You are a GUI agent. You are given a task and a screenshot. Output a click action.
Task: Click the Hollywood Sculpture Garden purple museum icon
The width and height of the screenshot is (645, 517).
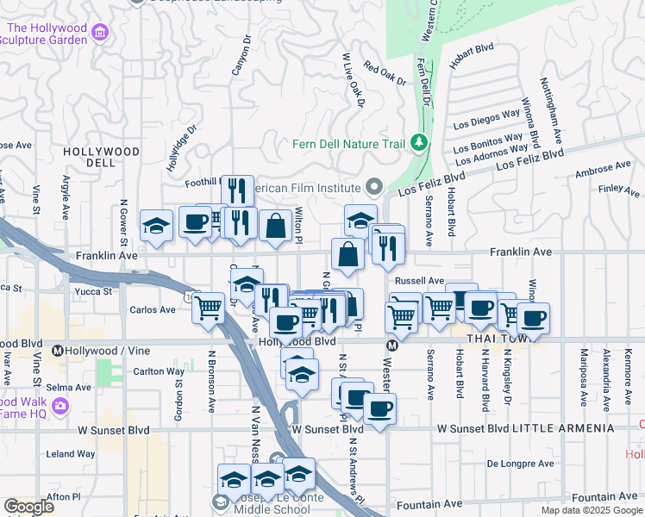[101, 34]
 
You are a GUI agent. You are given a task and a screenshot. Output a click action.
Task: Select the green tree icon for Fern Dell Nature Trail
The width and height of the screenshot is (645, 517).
[419, 142]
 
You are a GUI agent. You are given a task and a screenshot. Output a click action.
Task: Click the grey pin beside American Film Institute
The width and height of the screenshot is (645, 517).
[373, 187]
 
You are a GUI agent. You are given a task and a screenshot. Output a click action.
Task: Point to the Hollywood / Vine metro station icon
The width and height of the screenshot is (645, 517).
[58, 351]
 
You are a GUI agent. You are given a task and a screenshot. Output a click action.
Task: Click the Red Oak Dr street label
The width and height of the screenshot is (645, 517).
[384, 74]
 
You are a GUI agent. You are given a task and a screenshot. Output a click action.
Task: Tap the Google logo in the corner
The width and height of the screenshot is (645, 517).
[28, 507]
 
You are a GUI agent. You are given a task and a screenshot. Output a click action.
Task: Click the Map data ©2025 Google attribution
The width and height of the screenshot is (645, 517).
[592, 510]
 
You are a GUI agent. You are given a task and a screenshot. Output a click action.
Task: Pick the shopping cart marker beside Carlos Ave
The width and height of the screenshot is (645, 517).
[208, 308]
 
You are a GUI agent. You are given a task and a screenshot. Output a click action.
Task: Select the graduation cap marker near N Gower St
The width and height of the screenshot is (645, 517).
[155, 227]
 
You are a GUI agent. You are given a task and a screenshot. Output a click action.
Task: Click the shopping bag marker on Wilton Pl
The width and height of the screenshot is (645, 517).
[275, 227]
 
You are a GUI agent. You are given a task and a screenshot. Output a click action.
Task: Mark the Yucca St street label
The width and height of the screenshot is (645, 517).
[97, 291]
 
